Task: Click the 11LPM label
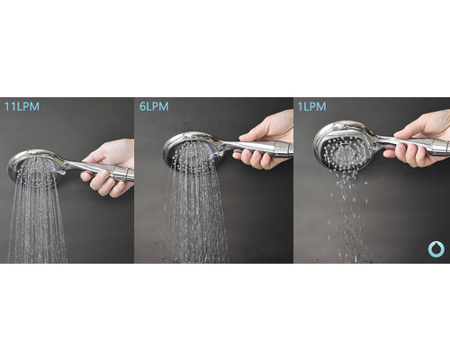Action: coord(22,106)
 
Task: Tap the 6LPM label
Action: coord(154,106)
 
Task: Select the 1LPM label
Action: coord(311,106)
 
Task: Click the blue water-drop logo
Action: coord(436,249)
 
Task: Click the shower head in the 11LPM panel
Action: coord(33,168)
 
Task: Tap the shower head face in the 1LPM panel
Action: coord(342,153)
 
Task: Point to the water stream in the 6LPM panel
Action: coord(195,210)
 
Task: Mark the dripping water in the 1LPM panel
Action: coord(348,216)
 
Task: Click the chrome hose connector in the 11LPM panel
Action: coord(123,174)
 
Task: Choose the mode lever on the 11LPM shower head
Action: coord(61,172)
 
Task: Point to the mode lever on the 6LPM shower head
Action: coord(218,154)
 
